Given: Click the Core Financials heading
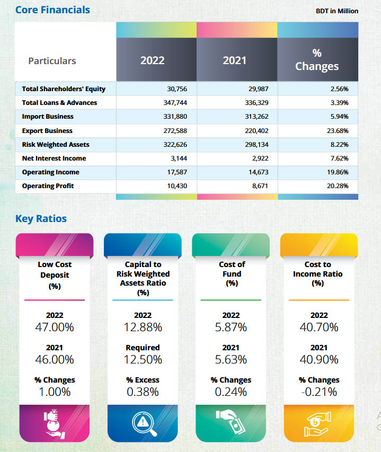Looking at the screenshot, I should (x=52, y=10).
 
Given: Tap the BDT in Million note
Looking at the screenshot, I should (x=337, y=11).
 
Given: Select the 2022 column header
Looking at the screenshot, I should (x=153, y=60).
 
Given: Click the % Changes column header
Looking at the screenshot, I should (x=317, y=60).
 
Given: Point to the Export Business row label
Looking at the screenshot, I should (x=47, y=130).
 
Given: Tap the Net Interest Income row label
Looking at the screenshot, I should (x=54, y=158).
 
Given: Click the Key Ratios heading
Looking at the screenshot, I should (x=41, y=219).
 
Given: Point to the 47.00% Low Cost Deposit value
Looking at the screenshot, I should (x=55, y=327).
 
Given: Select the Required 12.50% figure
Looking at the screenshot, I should (x=143, y=360).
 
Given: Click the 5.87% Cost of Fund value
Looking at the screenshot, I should (x=231, y=327).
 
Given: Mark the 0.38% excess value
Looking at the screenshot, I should (x=143, y=392).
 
